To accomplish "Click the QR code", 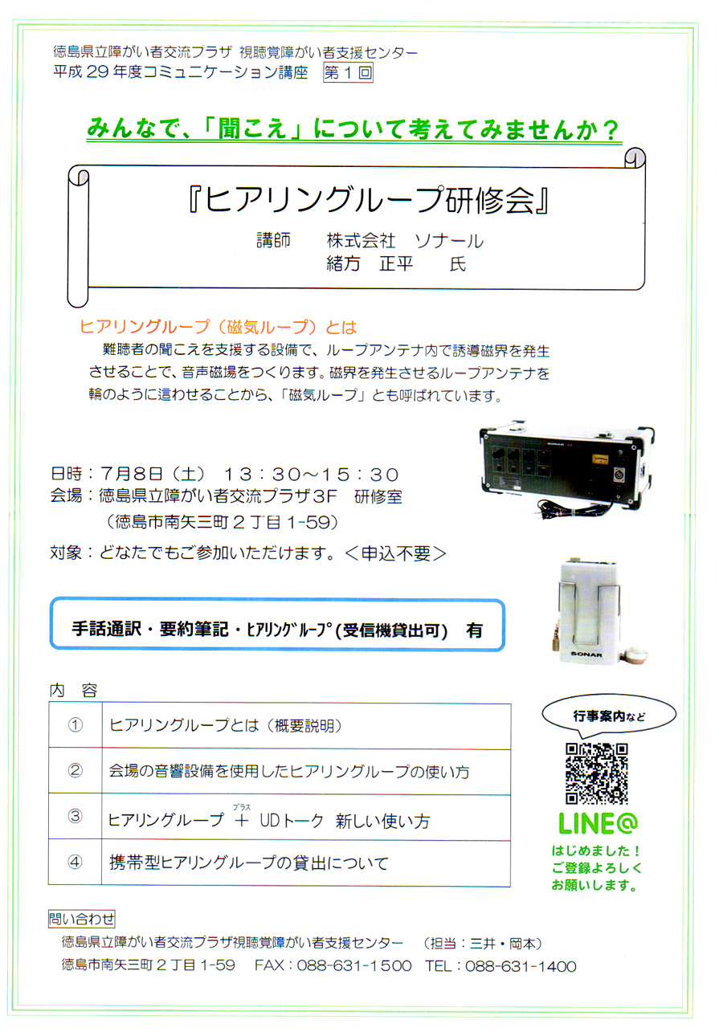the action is point(596,773).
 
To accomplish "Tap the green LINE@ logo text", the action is point(598,824).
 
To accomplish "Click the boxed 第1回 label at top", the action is point(348,73).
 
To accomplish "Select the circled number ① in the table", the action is point(76,725).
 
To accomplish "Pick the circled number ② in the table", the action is point(76,770).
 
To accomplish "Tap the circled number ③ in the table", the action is point(76,816).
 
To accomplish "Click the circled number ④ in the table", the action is point(76,862).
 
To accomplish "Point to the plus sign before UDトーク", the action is point(241,821).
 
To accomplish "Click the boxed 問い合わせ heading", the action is point(82,919).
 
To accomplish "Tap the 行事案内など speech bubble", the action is point(608,715).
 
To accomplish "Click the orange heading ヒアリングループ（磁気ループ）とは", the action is point(218,327).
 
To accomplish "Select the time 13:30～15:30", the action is point(311,474).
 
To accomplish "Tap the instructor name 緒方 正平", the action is point(370,264).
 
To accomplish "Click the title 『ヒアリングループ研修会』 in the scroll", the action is point(369,201).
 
